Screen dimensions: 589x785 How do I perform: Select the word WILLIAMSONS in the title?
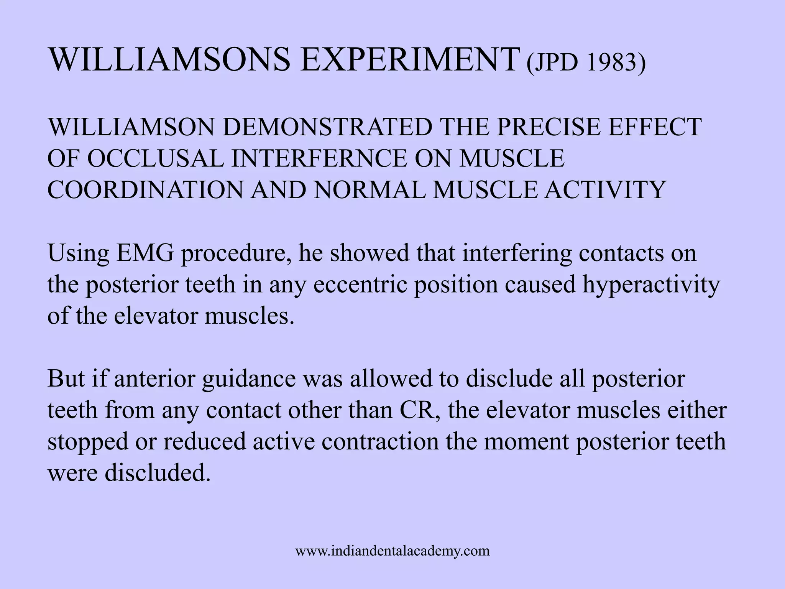pyautogui.click(x=169, y=60)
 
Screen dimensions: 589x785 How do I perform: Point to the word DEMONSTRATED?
pyautogui.click(x=327, y=127)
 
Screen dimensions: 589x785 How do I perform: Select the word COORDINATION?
pyautogui.click(x=145, y=190)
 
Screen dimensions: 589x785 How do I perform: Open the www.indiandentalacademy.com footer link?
pyautogui.click(x=392, y=551)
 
